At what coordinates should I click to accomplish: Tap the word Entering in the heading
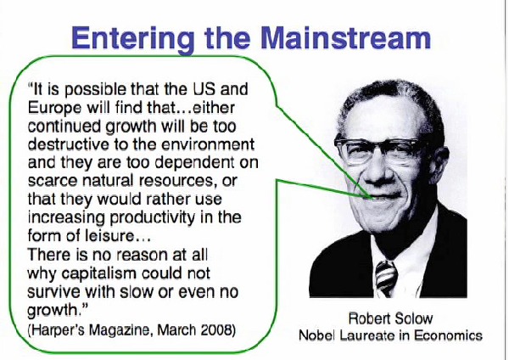[x=133, y=40]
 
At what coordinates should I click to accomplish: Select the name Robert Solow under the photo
[x=390, y=318]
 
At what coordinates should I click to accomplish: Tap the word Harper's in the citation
[x=58, y=330]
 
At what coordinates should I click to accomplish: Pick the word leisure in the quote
[x=109, y=235]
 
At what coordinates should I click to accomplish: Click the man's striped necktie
[x=386, y=278]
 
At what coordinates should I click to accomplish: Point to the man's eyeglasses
[x=380, y=149]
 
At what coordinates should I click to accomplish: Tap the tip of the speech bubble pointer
[x=372, y=198]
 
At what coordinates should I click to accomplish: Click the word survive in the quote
[x=54, y=291]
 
